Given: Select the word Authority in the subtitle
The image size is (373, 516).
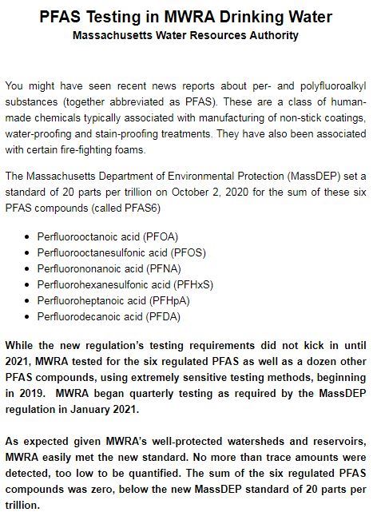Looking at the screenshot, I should [x=272, y=35].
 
